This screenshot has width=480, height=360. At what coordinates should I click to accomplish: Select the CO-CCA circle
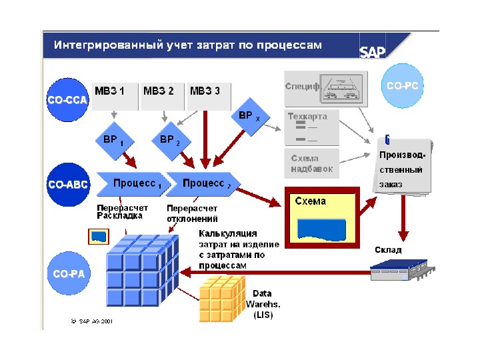coord(67,99)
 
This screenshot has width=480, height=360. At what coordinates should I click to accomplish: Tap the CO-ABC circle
coord(67,184)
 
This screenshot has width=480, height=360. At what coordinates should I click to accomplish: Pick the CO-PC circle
coord(402,86)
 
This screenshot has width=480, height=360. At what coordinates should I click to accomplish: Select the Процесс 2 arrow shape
coord(201,183)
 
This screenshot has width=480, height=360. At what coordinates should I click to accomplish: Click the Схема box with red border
coord(323,216)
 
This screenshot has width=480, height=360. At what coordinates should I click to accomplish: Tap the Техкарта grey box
coord(311,127)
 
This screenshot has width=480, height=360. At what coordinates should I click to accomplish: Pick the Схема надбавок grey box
coord(311,164)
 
